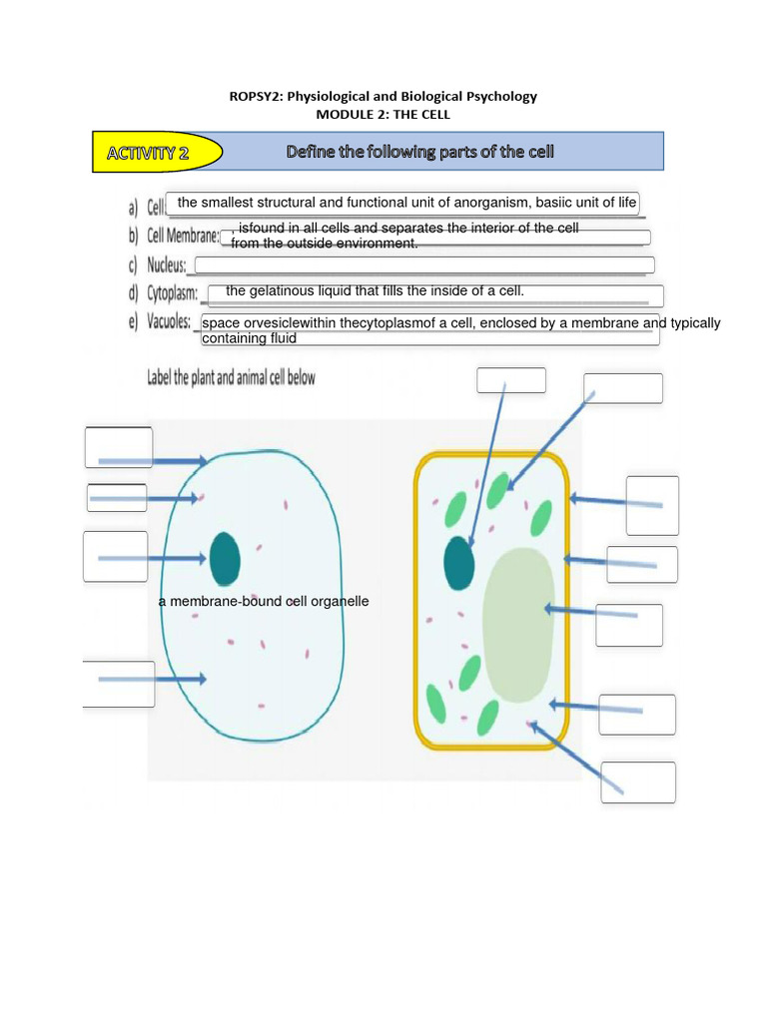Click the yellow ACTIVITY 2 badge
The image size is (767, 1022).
tap(156, 153)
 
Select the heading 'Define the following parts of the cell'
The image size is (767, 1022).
tap(419, 152)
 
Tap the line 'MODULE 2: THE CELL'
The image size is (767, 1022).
tap(383, 114)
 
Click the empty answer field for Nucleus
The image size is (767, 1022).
tap(424, 264)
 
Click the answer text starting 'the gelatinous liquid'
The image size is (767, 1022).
tap(375, 290)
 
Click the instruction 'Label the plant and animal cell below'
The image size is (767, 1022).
tap(232, 378)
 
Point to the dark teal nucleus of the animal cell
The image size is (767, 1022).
tap(225, 558)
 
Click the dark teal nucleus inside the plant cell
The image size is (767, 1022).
tap(459, 563)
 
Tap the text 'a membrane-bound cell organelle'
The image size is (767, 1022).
tap(264, 602)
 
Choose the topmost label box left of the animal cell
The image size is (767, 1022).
tap(119, 447)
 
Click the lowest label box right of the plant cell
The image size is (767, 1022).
tap(638, 781)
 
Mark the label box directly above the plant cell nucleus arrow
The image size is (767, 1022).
tap(511, 380)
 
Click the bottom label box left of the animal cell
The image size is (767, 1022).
tap(118, 684)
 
